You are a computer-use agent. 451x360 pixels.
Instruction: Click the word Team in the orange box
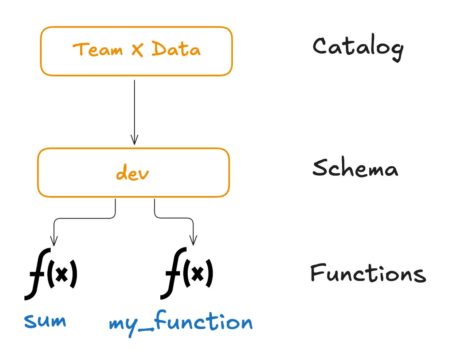pos(98,50)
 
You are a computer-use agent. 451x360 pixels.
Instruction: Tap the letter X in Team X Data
pos(137,50)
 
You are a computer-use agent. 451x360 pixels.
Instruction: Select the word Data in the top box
pos(176,49)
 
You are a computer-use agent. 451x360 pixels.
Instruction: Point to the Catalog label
pos(358,47)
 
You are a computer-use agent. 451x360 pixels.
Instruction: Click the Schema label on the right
pos(355,168)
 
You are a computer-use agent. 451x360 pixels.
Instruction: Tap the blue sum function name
pos(45,321)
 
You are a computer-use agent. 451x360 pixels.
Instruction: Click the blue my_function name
pos(181,322)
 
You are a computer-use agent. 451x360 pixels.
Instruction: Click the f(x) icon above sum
pos(51,274)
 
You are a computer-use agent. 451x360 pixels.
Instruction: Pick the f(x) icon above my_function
pos(187,273)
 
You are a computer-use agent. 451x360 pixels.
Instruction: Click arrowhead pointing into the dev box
pos(134,140)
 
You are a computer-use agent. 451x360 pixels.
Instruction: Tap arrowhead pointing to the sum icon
pos(54,241)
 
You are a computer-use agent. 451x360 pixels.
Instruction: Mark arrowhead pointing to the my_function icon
pos(193,241)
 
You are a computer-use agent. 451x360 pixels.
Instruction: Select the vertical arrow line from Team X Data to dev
pos(134,109)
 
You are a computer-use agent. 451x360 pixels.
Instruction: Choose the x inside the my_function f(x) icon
pos(198,274)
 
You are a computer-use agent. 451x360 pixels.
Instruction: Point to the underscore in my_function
pos(146,329)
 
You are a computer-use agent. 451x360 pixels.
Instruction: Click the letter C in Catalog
pos(319,46)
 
